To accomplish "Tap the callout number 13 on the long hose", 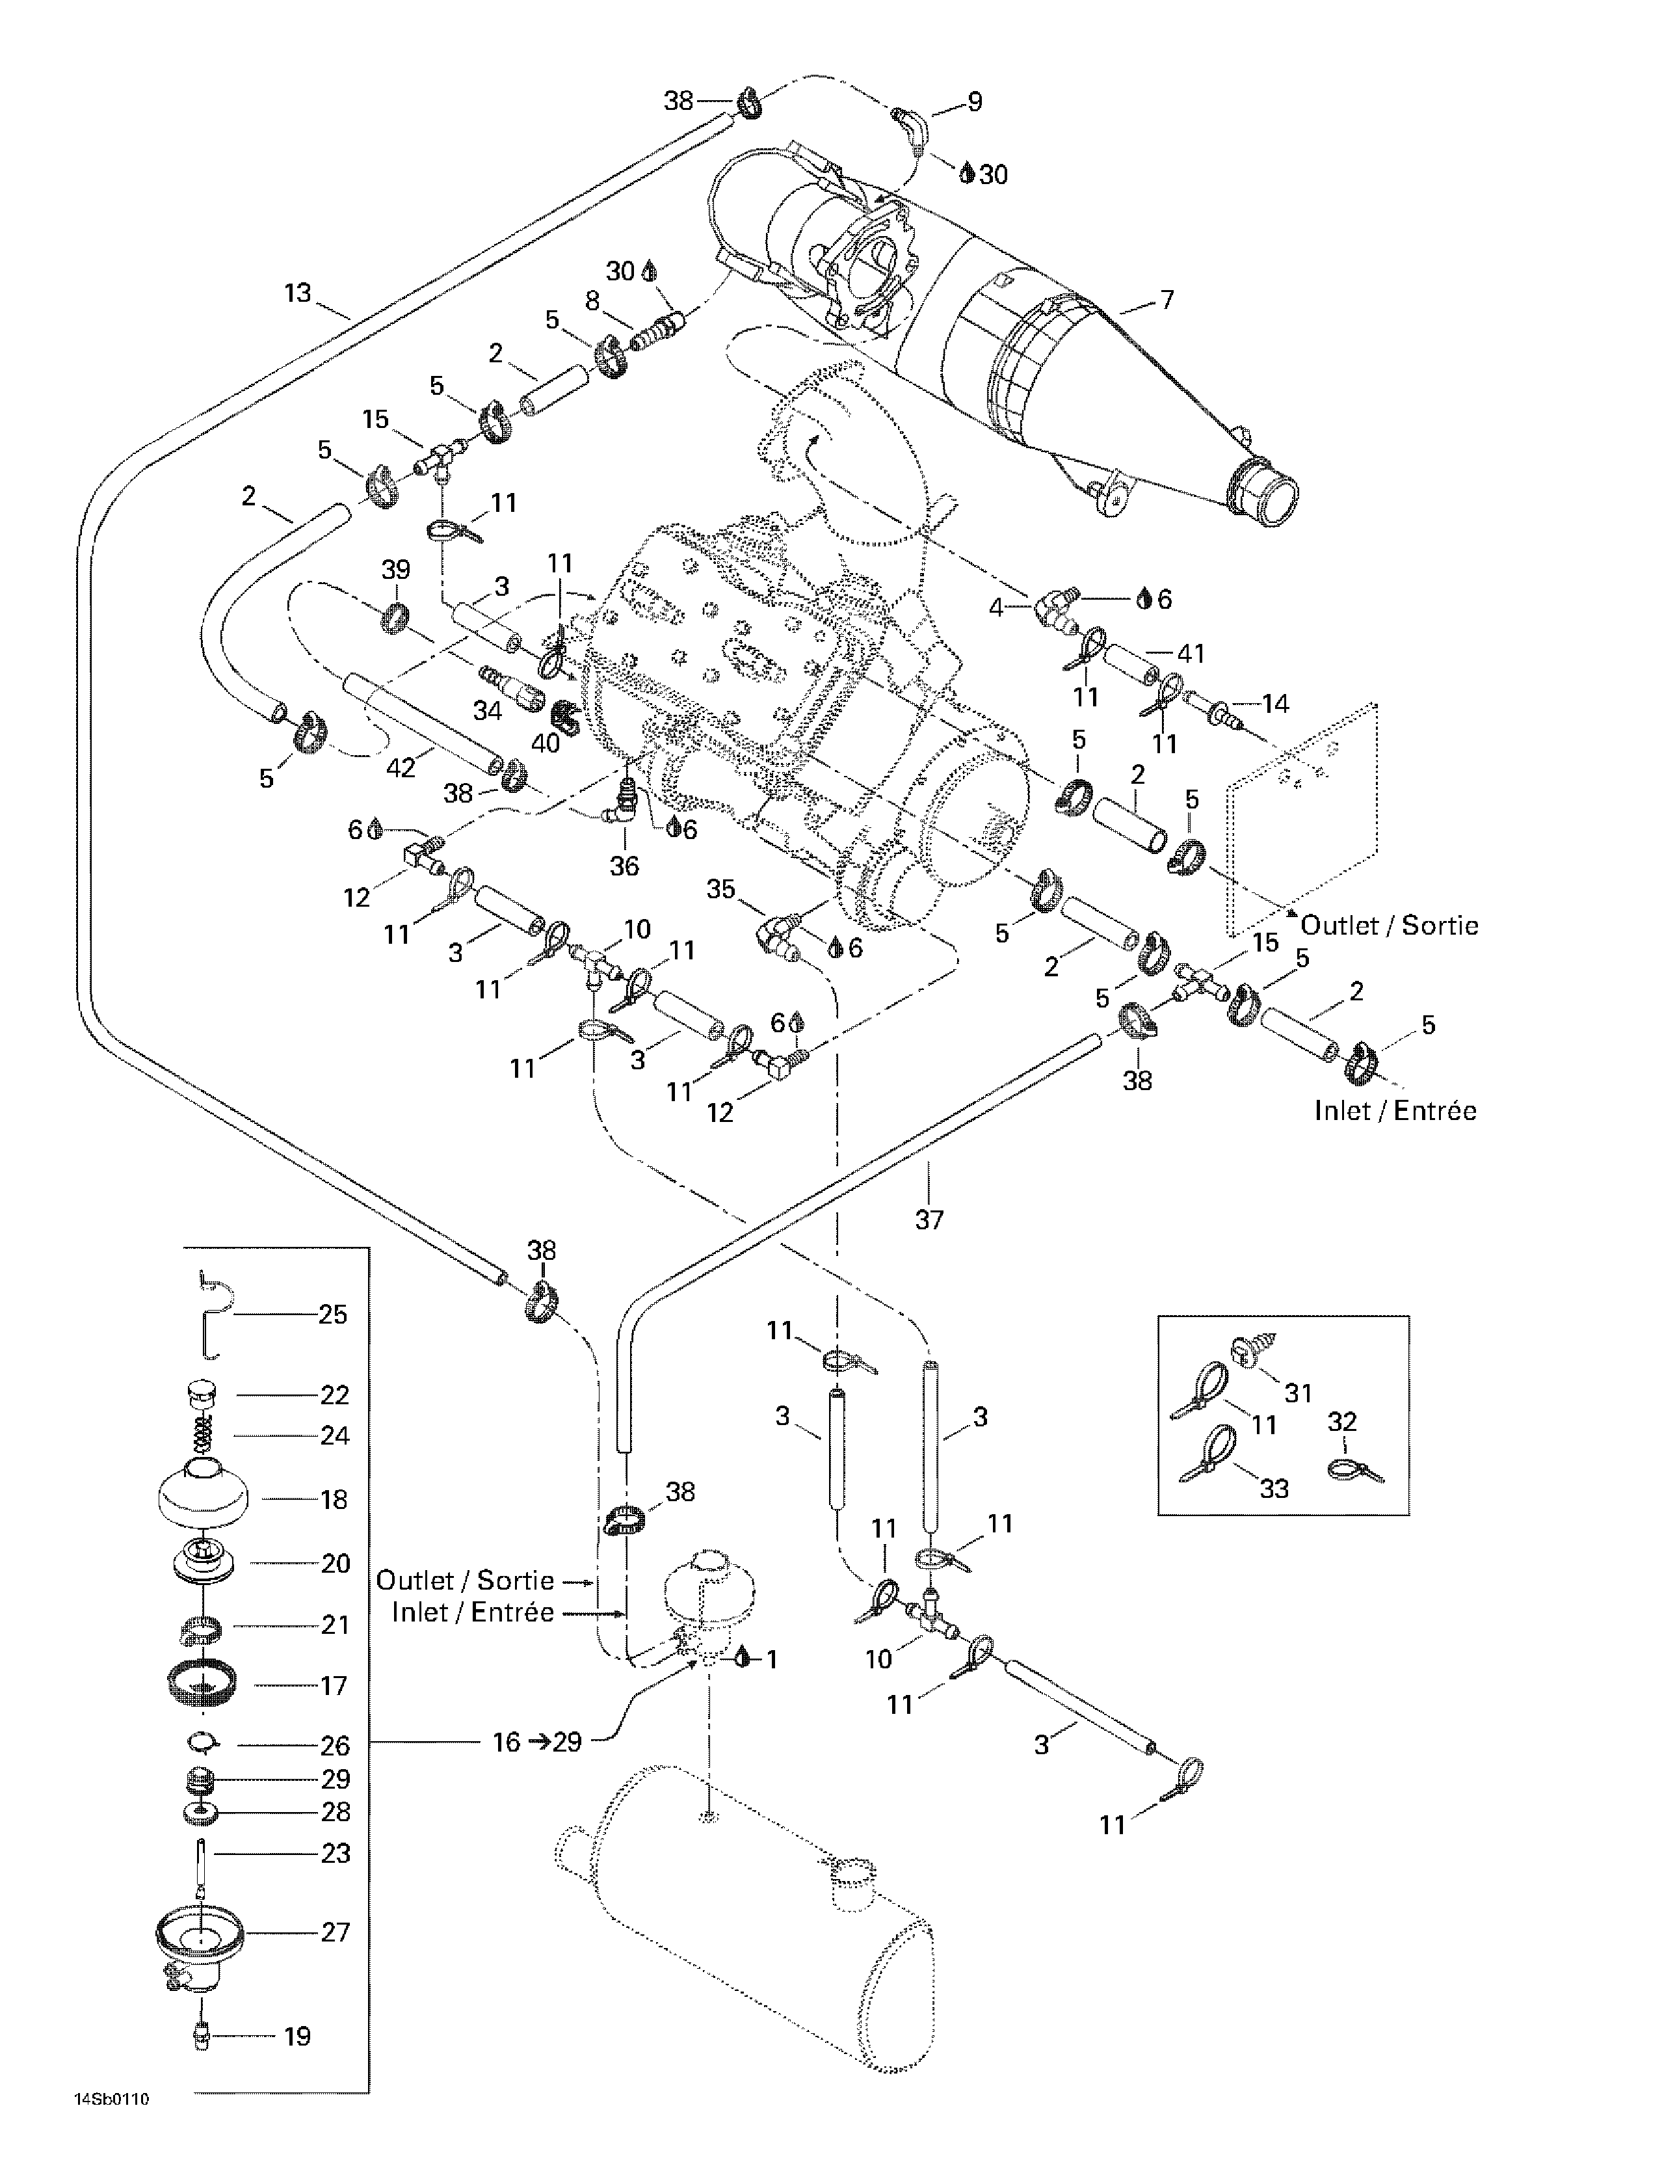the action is (298, 293).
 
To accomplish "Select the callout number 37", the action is (929, 1218).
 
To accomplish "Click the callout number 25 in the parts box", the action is (333, 1314).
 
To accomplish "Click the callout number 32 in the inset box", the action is (1342, 1421).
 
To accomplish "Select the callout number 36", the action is (624, 866).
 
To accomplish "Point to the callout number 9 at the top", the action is (974, 101).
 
